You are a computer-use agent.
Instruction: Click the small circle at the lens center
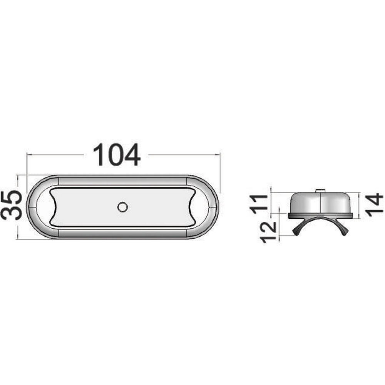pos(122,207)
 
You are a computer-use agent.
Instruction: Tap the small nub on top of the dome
pos(320,190)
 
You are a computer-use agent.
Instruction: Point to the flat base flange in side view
pos(320,216)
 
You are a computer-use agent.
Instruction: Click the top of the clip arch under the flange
pos(320,219)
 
